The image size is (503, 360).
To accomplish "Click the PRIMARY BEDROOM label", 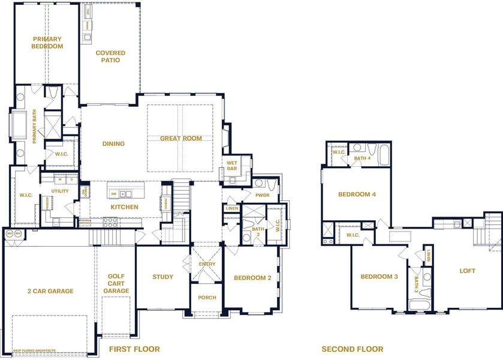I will pos(47,43).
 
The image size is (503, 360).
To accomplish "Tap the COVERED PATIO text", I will pos(110,56).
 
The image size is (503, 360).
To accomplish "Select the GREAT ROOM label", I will pos(180,139).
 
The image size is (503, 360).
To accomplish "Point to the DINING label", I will pos(113,144).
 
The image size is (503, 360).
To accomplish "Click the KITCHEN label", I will pos(124,207).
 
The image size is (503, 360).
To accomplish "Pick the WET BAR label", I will pos(231,166).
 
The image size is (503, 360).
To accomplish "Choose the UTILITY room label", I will pos(60,191).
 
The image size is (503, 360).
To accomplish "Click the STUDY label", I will pos(162,277).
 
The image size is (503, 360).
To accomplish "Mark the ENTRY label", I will pos(207,264).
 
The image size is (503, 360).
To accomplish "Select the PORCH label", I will pos(207,298).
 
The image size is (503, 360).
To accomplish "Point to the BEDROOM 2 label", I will pos(252,277).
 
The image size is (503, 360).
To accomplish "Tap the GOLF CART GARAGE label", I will pos(116,284).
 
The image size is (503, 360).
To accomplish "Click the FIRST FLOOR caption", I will pos(134,349).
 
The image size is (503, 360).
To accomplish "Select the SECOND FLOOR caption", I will pos(352,349).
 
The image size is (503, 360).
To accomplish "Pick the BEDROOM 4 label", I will pos(357,194).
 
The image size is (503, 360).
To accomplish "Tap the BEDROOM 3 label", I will pos(379,277).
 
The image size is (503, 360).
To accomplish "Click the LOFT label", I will pos(467,271).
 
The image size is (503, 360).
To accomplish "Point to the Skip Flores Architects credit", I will pos(31,351).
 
